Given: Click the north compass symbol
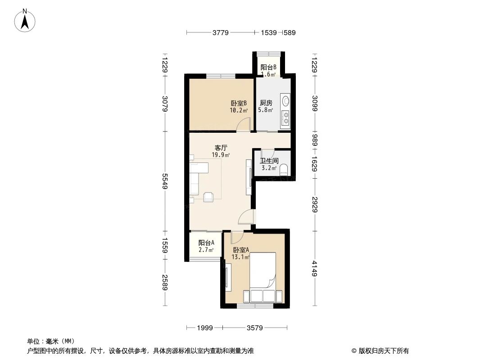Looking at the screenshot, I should pyautogui.click(x=26, y=20).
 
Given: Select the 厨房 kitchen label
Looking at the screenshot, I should pyautogui.click(x=266, y=103).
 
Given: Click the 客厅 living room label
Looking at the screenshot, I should pyautogui.click(x=221, y=148).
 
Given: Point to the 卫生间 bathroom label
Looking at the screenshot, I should pyautogui.click(x=269, y=161).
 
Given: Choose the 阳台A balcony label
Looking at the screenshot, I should pyautogui.click(x=206, y=243).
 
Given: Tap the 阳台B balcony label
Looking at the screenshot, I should pyautogui.click(x=268, y=67).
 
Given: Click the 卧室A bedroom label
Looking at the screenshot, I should pyautogui.click(x=241, y=250).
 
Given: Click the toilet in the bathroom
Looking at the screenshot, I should pyautogui.click(x=284, y=169).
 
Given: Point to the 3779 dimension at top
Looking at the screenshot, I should pyautogui.click(x=221, y=32).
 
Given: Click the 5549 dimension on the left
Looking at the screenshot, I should pyautogui.click(x=165, y=181).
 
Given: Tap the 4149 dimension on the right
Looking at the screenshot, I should pyautogui.click(x=315, y=269).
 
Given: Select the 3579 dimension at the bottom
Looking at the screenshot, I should pyautogui.click(x=254, y=328).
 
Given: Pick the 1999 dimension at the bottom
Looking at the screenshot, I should pyautogui.click(x=205, y=328).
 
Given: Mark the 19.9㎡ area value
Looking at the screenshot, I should pyautogui.click(x=221, y=155).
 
